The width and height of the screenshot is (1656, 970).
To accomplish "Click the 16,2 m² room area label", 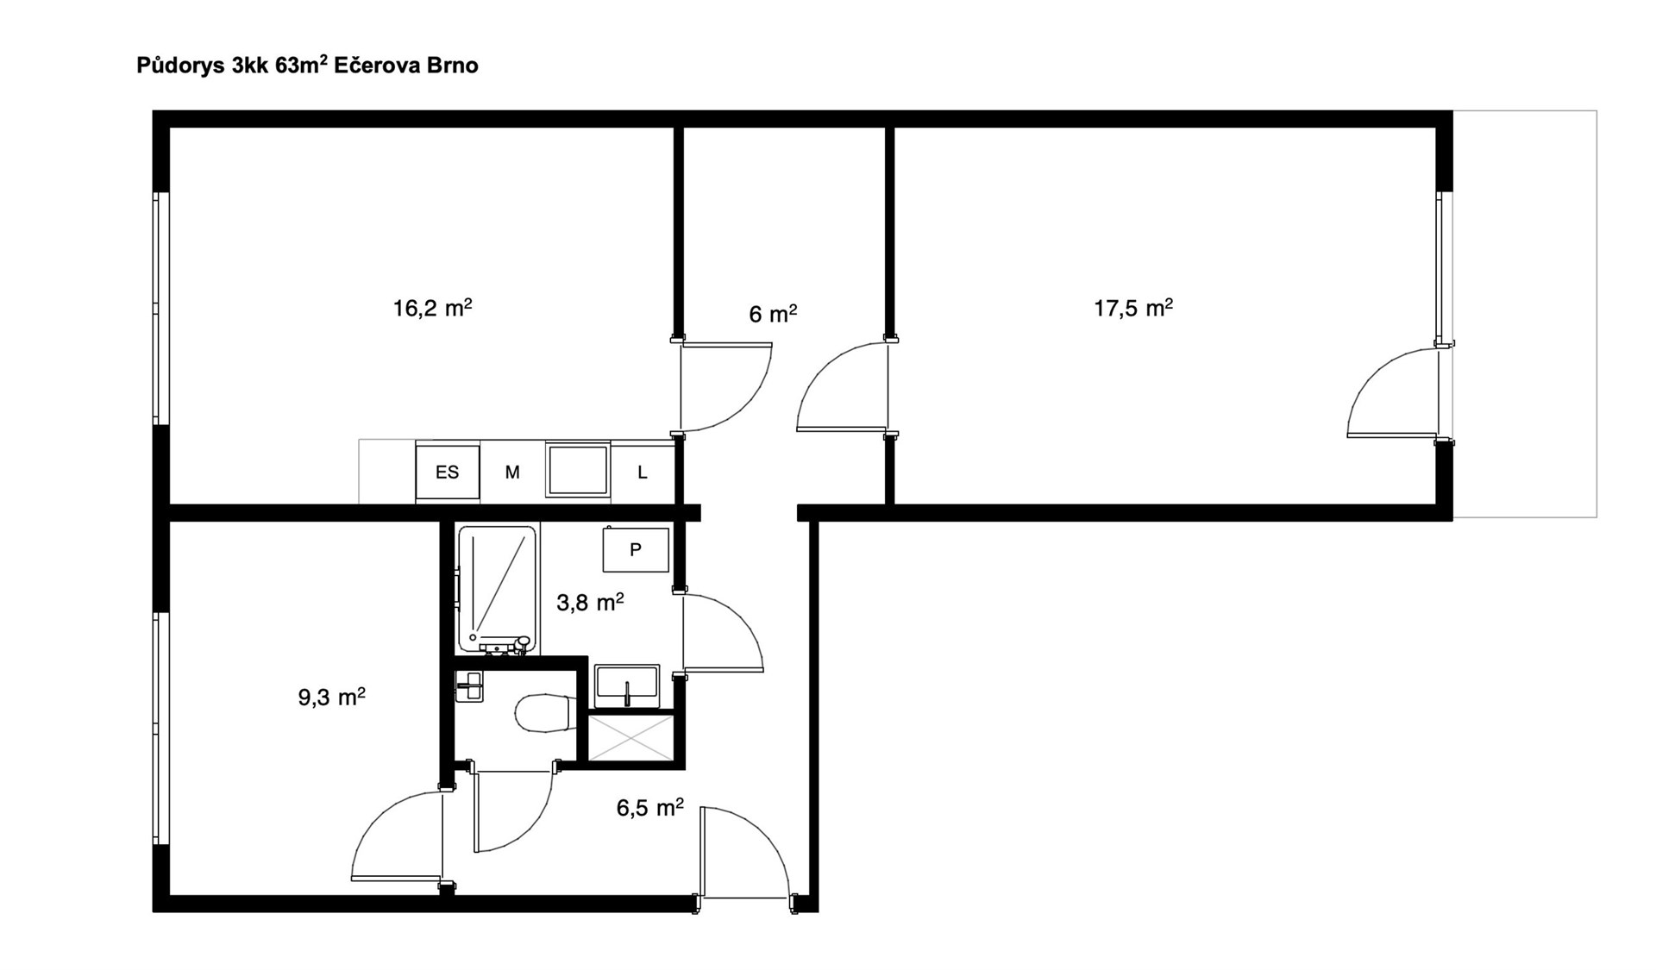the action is pyautogui.click(x=432, y=308).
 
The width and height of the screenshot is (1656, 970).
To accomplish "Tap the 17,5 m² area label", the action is pyautogui.click(x=1133, y=308).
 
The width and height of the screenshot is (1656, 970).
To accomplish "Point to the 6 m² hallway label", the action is pyautogui.click(x=773, y=314).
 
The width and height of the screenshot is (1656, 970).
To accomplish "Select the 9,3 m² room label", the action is pyautogui.click(x=331, y=697).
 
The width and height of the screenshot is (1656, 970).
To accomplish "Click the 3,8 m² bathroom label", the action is pyautogui.click(x=590, y=602).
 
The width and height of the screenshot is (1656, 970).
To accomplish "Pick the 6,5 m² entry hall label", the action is pyautogui.click(x=649, y=807).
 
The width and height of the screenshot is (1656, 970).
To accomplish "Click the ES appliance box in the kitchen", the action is pyautogui.click(x=448, y=472).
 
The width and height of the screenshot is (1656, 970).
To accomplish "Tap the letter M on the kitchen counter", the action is pyautogui.click(x=512, y=472).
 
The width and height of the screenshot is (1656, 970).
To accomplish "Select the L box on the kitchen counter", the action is pyautogui.click(x=643, y=472).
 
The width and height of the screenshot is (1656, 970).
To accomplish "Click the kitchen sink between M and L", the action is pyautogui.click(x=578, y=470).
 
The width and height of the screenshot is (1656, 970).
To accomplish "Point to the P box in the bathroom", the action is pyautogui.click(x=636, y=549).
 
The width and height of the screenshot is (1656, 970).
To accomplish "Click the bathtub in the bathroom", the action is pyautogui.click(x=497, y=590).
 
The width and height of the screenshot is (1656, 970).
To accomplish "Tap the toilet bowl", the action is pyautogui.click(x=546, y=713).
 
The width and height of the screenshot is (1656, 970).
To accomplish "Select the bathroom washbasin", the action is pyautogui.click(x=627, y=686).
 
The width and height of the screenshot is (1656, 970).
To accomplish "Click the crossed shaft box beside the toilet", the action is pyautogui.click(x=630, y=737).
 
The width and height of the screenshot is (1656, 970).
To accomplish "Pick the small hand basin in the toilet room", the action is pyautogui.click(x=470, y=686).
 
